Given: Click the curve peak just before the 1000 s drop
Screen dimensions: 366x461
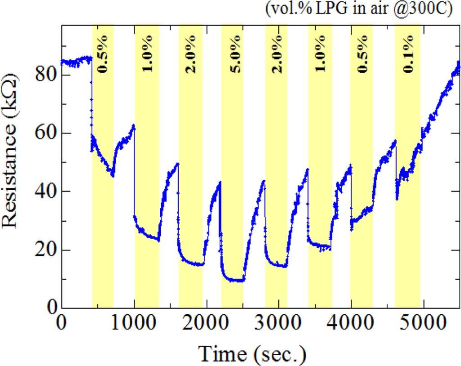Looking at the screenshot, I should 134,125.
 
